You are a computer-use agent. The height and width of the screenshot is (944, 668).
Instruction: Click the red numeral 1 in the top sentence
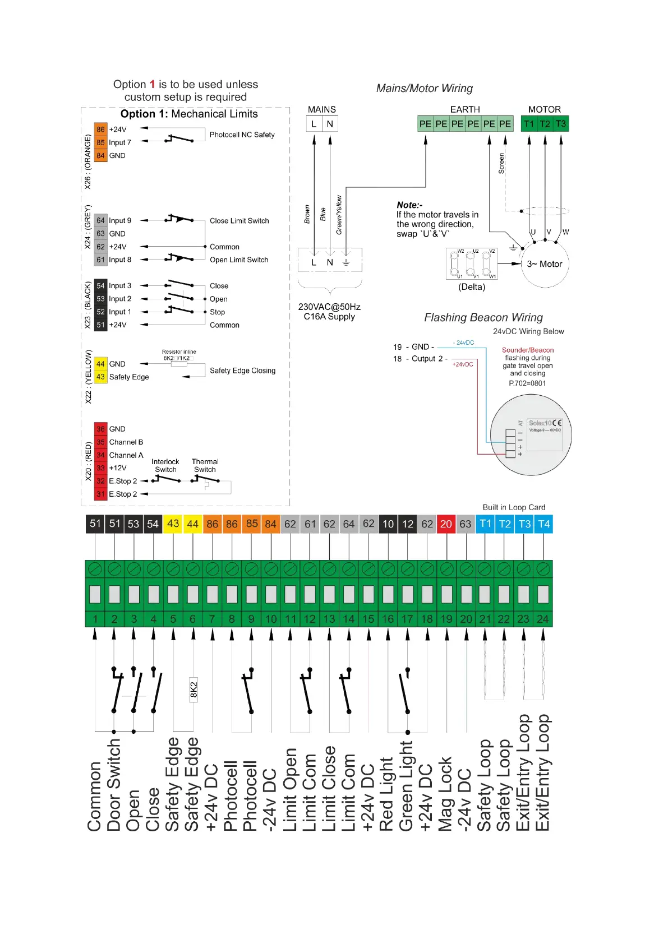click(x=152, y=85)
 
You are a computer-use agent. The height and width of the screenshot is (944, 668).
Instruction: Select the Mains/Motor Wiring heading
click(x=424, y=89)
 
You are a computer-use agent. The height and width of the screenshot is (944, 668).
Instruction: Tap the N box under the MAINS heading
click(x=330, y=124)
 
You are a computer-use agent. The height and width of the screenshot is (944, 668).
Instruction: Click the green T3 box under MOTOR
click(x=560, y=124)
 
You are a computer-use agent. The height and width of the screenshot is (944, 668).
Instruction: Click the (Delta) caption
click(x=472, y=287)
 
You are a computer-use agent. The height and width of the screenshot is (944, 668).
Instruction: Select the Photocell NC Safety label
click(x=242, y=135)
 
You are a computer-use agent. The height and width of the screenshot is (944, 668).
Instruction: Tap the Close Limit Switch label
click(x=239, y=221)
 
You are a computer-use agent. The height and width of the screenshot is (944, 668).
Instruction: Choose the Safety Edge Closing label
click(x=242, y=371)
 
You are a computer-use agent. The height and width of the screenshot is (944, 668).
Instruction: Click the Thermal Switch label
click(x=205, y=466)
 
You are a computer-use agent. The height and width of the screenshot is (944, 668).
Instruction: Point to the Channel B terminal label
click(x=126, y=442)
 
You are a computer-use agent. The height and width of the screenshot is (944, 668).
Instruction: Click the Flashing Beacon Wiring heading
click(x=483, y=318)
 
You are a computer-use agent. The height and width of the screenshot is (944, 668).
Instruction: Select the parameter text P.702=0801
click(x=527, y=383)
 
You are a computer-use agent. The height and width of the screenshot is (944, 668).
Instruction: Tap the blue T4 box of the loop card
click(x=543, y=524)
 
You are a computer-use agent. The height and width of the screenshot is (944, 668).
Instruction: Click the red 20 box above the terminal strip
click(x=446, y=524)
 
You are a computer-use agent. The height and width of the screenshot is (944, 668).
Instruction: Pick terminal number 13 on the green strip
click(x=329, y=619)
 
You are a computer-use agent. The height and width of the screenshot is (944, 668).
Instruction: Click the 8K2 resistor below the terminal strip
click(x=194, y=690)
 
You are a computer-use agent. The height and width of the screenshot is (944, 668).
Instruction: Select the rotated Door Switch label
click(x=114, y=785)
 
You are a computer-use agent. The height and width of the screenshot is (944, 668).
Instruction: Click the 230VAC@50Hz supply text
click(x=329, y=307)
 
